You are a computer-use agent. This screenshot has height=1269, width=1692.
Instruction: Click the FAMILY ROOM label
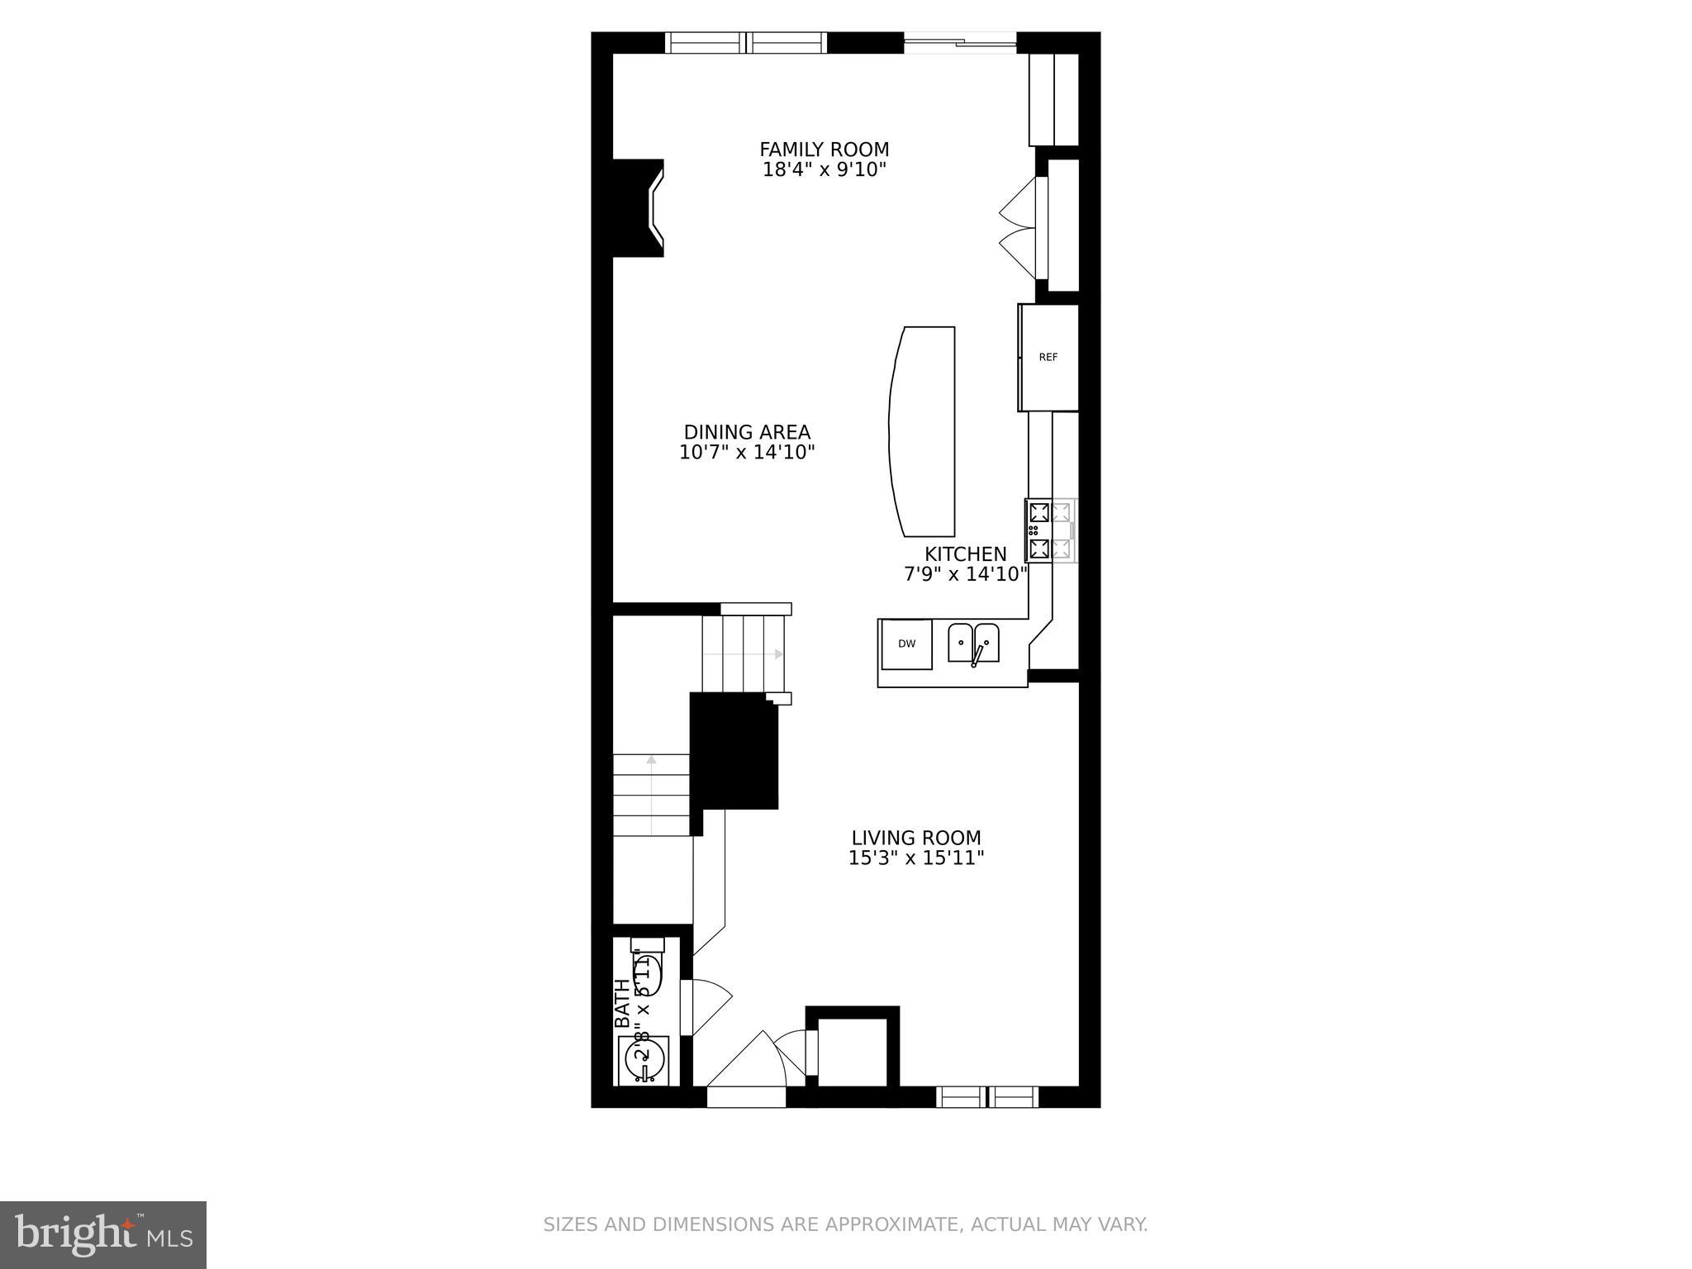824,150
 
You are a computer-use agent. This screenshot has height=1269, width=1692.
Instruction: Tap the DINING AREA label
747,432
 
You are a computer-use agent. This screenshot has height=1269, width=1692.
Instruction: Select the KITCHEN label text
965,554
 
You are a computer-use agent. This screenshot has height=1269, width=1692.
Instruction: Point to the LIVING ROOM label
916,838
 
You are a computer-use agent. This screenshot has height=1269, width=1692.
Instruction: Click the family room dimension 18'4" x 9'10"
824,170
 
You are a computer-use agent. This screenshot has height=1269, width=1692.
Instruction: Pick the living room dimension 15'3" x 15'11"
916,858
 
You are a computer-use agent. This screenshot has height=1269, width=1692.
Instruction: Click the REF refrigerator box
1048,358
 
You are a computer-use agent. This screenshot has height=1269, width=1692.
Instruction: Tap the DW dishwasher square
906,644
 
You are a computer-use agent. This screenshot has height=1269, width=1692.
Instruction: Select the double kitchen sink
973,643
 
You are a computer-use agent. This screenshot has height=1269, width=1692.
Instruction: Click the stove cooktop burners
1050,530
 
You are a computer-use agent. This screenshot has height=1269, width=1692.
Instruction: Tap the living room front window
986,1096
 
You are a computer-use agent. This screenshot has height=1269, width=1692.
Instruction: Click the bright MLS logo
102,1235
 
